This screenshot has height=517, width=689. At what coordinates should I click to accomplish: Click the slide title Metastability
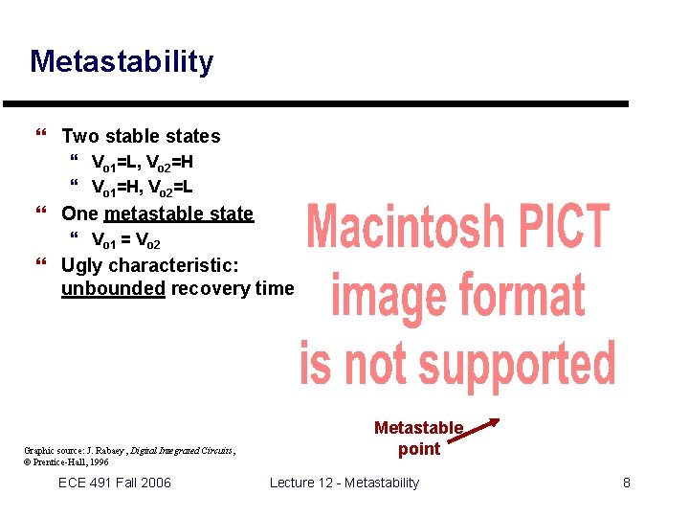122,62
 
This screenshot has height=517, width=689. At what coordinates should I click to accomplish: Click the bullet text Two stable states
141,136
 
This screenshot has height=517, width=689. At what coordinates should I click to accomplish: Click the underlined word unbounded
112,288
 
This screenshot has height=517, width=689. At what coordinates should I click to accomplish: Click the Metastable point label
418,438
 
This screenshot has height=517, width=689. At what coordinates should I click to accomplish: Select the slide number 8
627,483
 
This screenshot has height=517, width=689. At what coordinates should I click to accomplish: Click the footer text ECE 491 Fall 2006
115,483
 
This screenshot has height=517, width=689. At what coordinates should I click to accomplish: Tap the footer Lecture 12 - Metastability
344,483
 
